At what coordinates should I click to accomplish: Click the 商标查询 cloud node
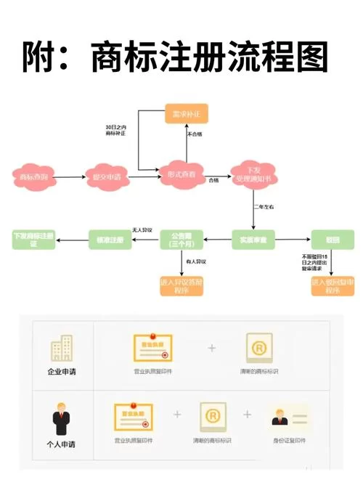click(32, 176)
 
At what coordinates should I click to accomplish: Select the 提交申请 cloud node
click(106, 176)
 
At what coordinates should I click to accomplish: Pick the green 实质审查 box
click(253, 239)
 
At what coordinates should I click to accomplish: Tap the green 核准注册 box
click(110, 239)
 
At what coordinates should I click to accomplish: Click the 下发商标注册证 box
click(33, 239)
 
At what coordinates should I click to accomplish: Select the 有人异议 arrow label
click(197, 262)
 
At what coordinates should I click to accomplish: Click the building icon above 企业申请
click(62, 349)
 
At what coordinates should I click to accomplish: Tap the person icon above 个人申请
click(62, 419)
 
